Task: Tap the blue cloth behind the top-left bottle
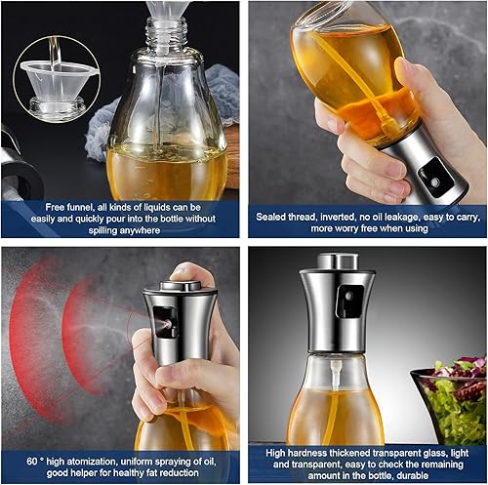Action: coord(220,93)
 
